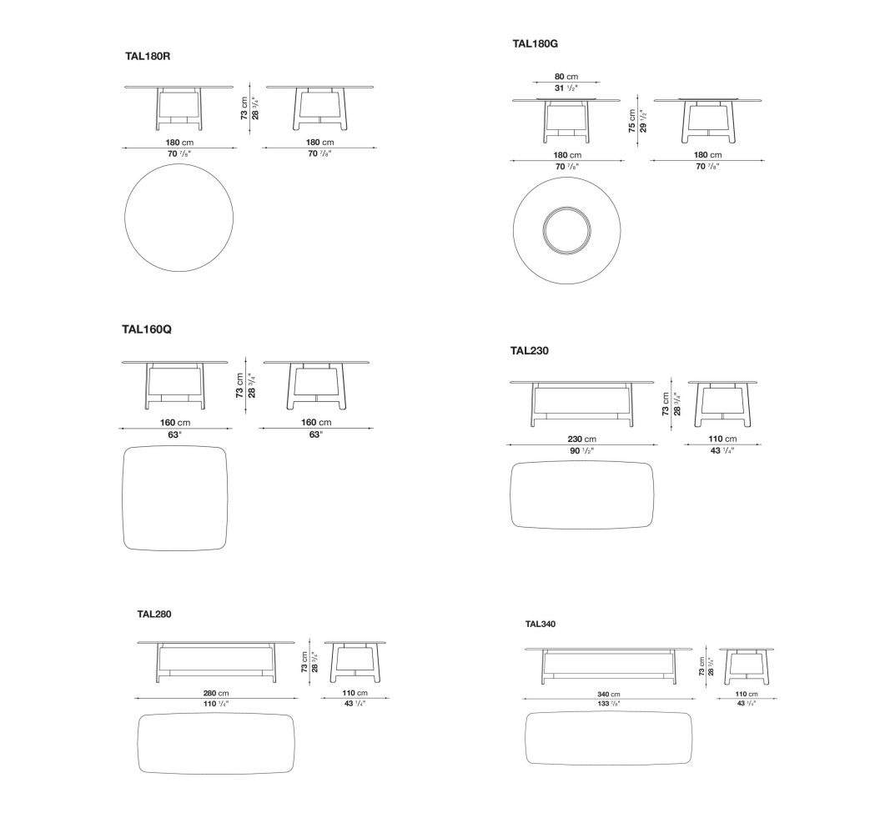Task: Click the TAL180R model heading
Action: point(148,56)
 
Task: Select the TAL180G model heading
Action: point(536,43)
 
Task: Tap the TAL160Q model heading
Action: point(147,329)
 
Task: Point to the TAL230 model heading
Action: point(530,351)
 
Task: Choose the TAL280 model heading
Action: point(154,614)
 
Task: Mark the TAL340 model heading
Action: point(541,625)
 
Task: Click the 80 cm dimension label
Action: point(566,77)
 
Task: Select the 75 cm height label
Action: point(631,121)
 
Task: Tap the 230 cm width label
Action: point(581,439)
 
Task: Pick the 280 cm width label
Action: point(216,693)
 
